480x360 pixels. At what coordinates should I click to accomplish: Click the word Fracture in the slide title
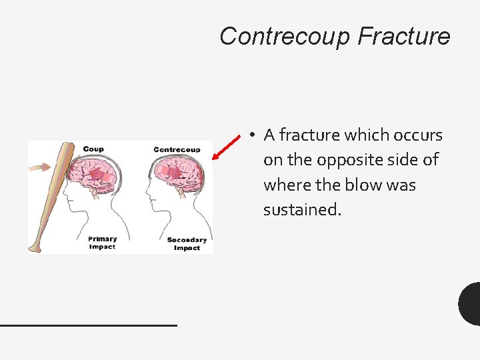pyautogui.click(x=403, y=36)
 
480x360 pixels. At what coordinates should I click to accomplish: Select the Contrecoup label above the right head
pyautogui.click(x=177, y=149)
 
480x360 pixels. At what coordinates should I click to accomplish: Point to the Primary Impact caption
pyautogui.click(x=102, y=243)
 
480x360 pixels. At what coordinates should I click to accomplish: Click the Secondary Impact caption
pyautogui.click(x=187, y=244)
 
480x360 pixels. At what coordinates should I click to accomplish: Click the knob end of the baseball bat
pyautogui.click(x=35, y=248)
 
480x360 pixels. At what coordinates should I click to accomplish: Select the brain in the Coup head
pyautogui.click(x=97, y=175)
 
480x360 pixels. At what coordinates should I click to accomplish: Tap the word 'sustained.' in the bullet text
pyautogui.click(x=302, y=210)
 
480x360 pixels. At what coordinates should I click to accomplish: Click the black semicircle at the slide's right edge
pyautogui.click(x=470, y=304)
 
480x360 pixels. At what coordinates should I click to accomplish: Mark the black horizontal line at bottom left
pyautogui.click(x=88, y=325)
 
